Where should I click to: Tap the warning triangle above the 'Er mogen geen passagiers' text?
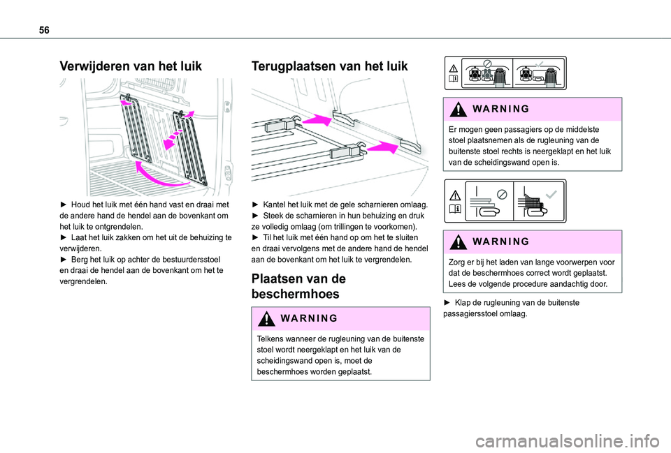pyautogui.click(x=459, y=109)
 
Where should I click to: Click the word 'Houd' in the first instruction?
pyautogui.click(x=78, y=205)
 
